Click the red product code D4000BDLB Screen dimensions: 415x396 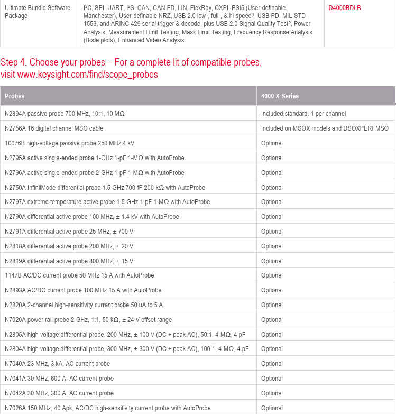[x=344, y=8]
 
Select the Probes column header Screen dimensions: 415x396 [x=15, y=96]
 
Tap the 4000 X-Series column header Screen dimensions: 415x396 [x=280, y=96]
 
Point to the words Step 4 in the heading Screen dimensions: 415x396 [x=13, y=62]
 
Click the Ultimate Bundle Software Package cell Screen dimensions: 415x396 [x=38, y=12]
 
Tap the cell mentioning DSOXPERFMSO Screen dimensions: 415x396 [x=325, y=128]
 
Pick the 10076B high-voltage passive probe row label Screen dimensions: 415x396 [x=70, y=143]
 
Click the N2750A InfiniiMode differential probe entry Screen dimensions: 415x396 [x=105, y=188]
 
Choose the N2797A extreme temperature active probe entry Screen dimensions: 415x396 [x=107, y=202]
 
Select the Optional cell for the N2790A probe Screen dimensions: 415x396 [x=272, y=217]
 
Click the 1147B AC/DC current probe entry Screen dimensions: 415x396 [x=79, y=275]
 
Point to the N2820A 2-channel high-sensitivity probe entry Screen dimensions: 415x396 [x=84, y=305]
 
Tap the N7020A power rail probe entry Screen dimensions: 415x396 [x=88, y=320]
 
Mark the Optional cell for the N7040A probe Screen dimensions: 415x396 [x=272, y=364]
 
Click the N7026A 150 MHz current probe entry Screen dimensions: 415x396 [x=107, y=408]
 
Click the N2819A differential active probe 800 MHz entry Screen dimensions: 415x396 [x=69, y=261]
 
